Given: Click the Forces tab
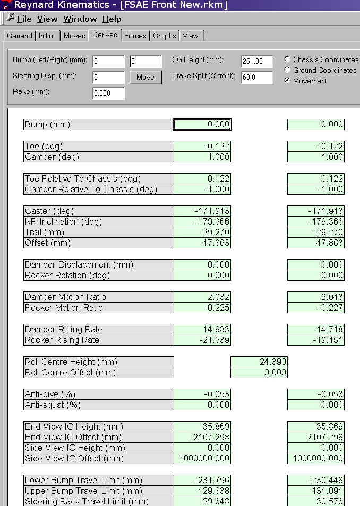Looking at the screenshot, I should click(135, 36).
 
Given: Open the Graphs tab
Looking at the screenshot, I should click(165, 36).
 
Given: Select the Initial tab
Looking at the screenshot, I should click(47, 36).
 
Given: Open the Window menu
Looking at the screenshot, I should click(80, 19).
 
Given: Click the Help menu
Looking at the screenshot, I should click(112, 19).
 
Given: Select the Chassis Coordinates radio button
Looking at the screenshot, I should click(288, 59).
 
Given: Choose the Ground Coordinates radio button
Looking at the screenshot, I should click(288, 70).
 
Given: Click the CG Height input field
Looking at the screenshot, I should click(257, 62).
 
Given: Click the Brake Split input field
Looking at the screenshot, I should click(257, 78).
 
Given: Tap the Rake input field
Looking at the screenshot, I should click(108, 93).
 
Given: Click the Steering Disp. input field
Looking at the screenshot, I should click(108, 78).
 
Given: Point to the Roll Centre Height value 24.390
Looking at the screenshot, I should click(259, 362).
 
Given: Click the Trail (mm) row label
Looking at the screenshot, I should click(99, 232).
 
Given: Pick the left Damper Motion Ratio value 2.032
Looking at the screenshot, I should click(202, 297).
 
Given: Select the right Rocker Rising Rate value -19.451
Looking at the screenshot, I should click(316, 340).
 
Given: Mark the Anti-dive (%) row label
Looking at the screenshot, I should click(99, 394).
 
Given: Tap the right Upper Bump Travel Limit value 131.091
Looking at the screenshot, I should click(316, 491).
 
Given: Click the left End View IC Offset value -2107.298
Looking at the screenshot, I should click(202, 437).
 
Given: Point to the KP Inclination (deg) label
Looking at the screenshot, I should click(99, 221).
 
